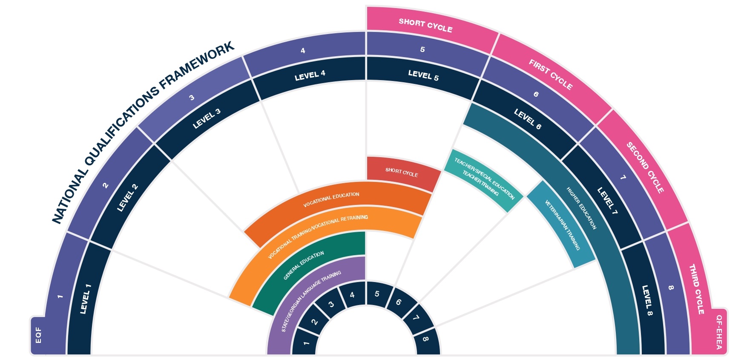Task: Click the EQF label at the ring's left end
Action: point(38,335)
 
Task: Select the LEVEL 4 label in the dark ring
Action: point(310,76)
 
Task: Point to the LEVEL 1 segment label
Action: point(86,299)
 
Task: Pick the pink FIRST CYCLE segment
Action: point(551,75)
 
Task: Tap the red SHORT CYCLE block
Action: point(402,172)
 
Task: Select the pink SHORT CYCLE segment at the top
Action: point(425,25)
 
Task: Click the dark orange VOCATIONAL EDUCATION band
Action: point(331,199)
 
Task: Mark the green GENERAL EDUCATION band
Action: point(304,265)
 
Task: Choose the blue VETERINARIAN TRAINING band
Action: point(562,225)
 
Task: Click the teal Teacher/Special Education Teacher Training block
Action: point(484,180)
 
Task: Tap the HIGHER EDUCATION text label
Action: point(581,208)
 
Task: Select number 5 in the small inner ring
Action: point(377,294)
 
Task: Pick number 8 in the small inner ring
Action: point(425,339)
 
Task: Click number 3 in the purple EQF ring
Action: point(192,98)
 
